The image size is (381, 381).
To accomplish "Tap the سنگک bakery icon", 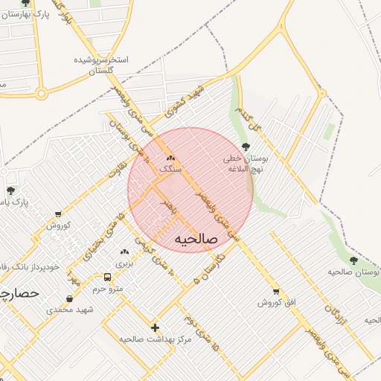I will [x=170, y=158].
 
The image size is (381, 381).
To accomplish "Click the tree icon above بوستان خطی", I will [x=246, y=147].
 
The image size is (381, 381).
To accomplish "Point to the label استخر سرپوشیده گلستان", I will [x=101, y=65].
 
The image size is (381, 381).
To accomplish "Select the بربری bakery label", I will [x=124, y=263].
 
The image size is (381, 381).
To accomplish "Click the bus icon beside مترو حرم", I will [x=109, y=277].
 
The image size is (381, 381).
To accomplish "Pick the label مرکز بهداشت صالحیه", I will [x=155, y=339].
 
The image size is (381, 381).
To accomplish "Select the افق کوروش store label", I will [x=277, y=303].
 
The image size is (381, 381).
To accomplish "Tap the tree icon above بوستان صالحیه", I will [x=353, y=260].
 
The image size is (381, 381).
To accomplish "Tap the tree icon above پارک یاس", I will [x=10, y=190].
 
